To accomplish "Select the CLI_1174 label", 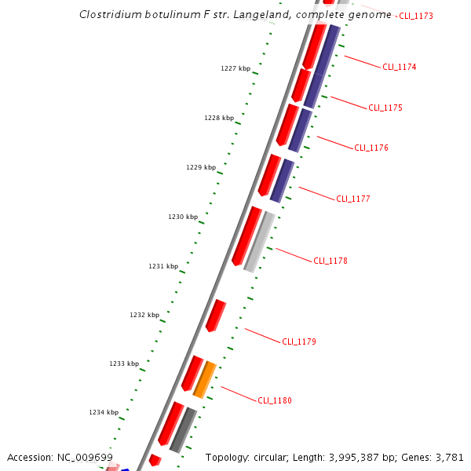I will tap(399, 67).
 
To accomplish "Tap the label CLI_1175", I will tap(385, 108).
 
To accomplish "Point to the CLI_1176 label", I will tap(371, 148).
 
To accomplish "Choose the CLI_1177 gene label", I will tap(353, 199).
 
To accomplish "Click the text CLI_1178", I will tap(330, 261).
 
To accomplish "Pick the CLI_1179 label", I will tap(299, 341).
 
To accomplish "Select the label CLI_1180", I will tap(275, 400).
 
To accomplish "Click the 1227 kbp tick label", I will tap(235, 68).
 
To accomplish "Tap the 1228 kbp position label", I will tap(219, 118).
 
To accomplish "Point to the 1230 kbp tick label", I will tap(183, 217).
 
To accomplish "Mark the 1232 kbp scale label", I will tap(144, 315).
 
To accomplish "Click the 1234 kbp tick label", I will tap(104, 412).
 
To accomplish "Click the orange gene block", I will tap(205, 379).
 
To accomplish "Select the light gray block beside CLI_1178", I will tap(259, 242).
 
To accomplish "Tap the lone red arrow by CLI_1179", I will tap(215, 316).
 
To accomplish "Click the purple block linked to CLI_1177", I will tap(282, 181).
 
